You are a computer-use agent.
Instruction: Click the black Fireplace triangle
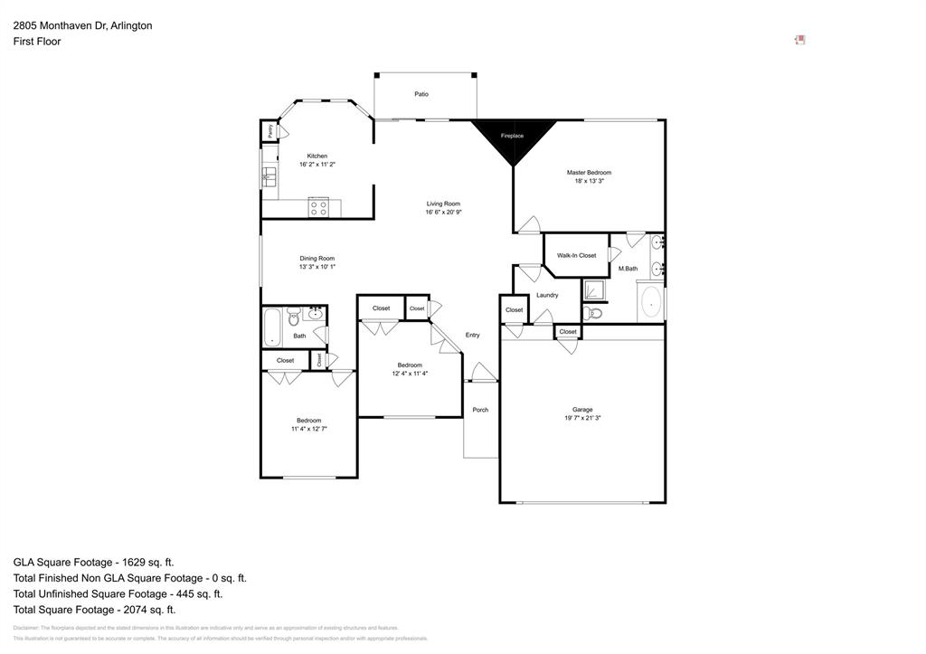point(513,138)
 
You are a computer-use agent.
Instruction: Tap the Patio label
point(421,94)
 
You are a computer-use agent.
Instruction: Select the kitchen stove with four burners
point(318,207)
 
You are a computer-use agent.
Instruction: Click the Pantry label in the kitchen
point(269,130)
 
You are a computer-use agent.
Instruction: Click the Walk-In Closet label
point(576,255)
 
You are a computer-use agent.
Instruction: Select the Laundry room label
point(547,295)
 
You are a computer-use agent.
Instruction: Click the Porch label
point(480,410)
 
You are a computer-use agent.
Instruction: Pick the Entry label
point(472,335)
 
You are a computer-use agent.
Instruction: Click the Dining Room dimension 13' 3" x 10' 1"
point(317,267)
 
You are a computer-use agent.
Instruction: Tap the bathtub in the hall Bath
point(271,327)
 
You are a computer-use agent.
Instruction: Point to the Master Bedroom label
point(589,172)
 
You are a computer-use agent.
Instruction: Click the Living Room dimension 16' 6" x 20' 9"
point(443,213)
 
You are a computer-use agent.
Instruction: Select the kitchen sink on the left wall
point(269,177)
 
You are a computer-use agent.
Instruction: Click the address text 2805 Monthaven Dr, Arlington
point(82,25)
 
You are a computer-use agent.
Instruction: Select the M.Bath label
point(628,269)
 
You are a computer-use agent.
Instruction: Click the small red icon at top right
point(799,40)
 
